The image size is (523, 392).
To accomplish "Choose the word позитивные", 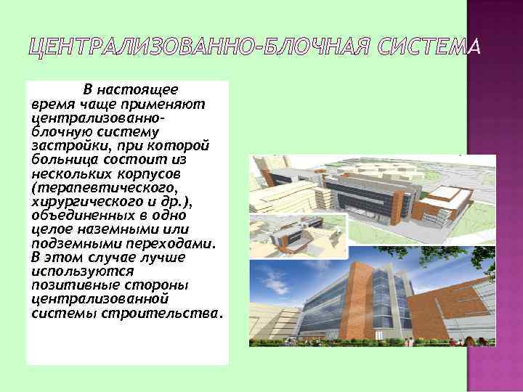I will click(68, 284).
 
